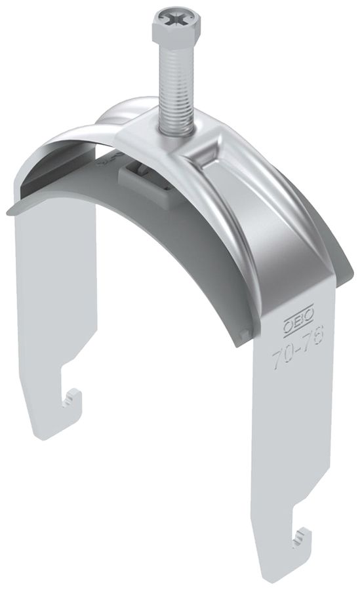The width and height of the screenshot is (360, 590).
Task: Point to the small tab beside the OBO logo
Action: click(x=246, y=334)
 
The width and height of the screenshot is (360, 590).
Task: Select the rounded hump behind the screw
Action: click(x=125, y=108)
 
